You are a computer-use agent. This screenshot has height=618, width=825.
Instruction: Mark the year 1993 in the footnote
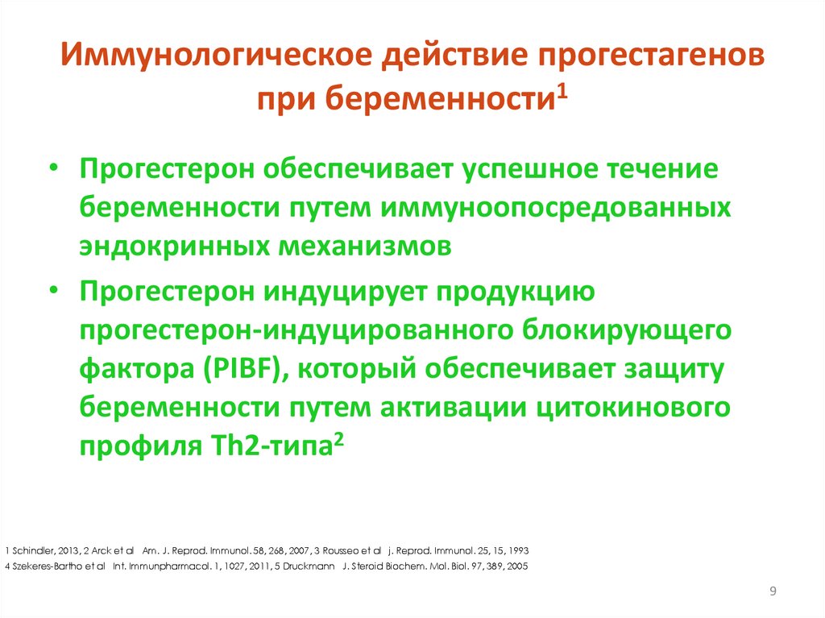(517, 551)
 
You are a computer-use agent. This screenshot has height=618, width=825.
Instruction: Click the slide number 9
(773, 594)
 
